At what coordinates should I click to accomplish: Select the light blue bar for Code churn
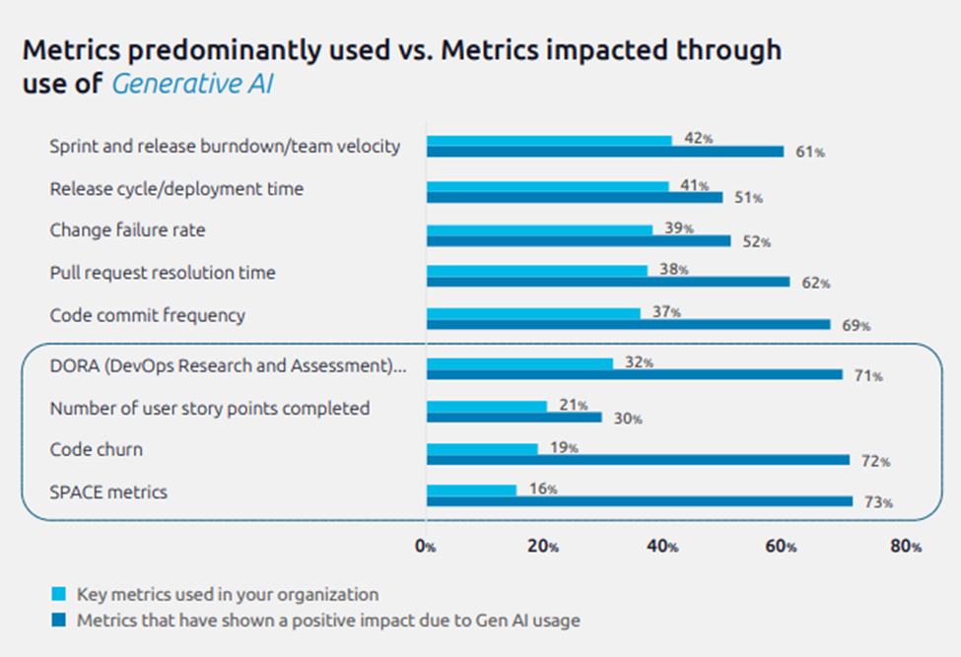[x=482, y=448]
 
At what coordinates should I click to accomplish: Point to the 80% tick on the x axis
[x=907, y=547]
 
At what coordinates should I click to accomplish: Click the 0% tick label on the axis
[x=425, y=547]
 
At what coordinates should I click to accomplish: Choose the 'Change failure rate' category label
[x=128, y=230]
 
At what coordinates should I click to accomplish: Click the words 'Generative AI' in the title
[x=192, y=85]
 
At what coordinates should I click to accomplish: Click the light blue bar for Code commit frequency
[x=533, y=313]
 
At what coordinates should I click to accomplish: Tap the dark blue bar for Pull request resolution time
[x=608, y=282]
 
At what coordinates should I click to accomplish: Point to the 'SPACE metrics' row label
[x=108, y=492]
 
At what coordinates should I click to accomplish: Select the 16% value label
[x=543, y=490]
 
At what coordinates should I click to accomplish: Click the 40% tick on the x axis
[x=666, y=547]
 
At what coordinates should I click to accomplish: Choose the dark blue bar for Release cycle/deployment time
[x=575, y=197]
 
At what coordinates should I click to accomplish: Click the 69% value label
[x=857, y=325]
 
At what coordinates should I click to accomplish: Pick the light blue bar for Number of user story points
[x=486, y=406]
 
